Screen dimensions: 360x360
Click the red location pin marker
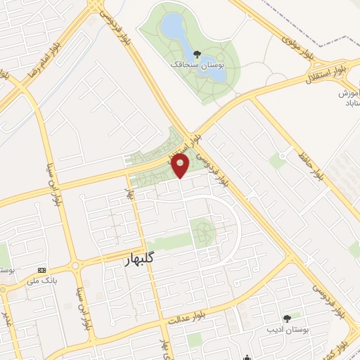coord(181,166)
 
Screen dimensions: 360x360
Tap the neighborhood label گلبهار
coord(131,260)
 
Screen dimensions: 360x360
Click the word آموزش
coord(349,93)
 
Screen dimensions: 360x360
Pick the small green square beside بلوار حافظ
coord(277,162)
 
